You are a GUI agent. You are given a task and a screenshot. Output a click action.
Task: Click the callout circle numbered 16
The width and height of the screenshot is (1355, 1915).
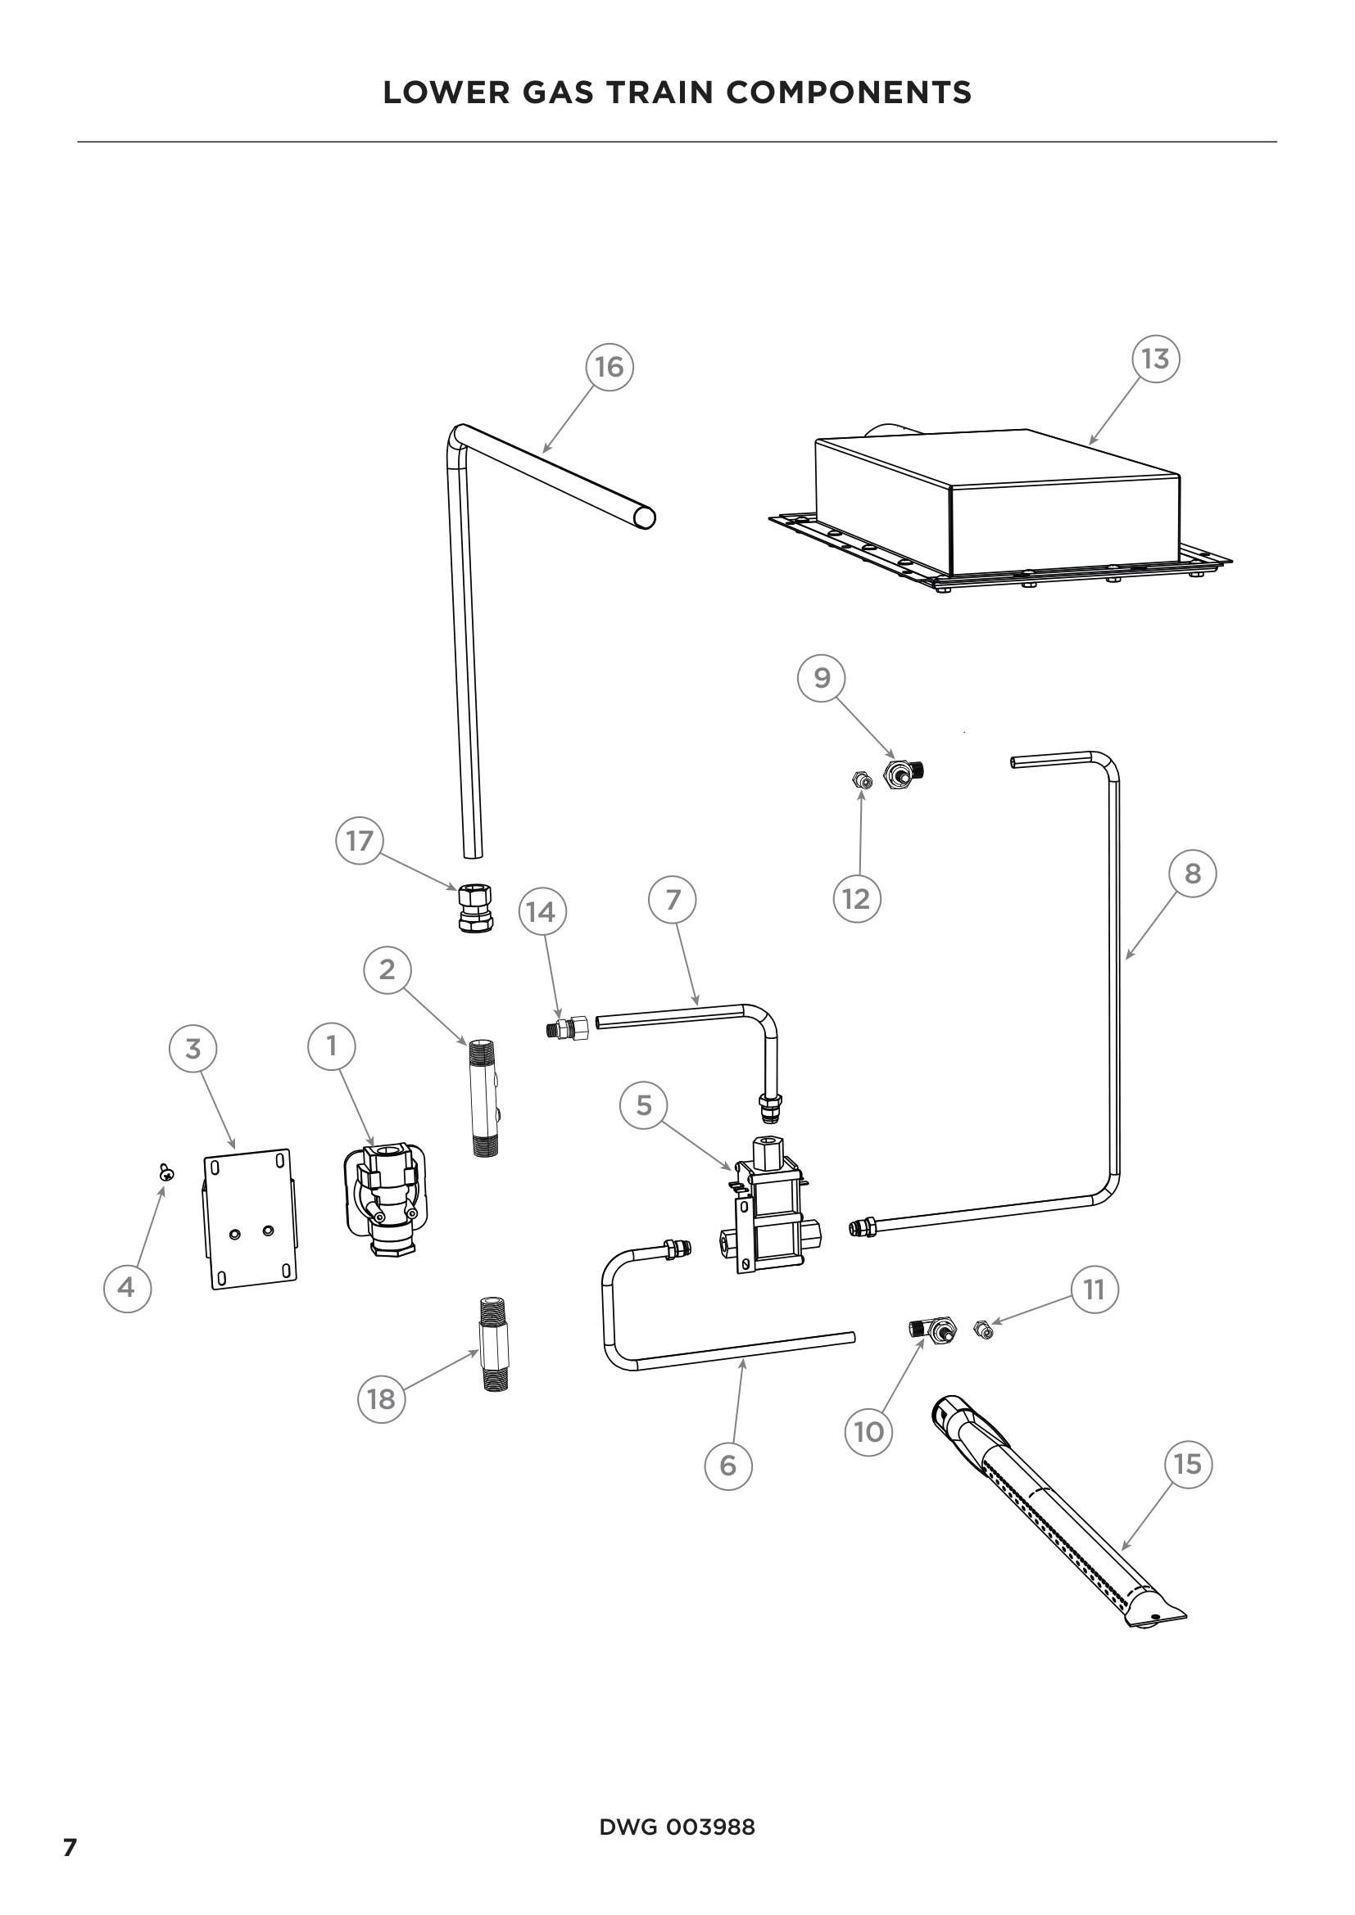pyautogui.click(x=609, y=367)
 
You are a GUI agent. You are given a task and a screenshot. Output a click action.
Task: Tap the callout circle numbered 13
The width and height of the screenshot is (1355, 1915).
pyautogui.click(x=1155, y=359)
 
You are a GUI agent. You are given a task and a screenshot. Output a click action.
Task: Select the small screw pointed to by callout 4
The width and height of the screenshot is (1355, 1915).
pyautogui.click(x=167, y=1172)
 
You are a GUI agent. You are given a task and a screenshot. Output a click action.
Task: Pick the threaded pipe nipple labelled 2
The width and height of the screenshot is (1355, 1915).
pyautogui.click(x=485, y=1097)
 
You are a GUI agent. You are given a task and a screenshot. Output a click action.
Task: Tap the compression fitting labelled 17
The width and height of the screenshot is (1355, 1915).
pyautogui.click(x=476, y=907)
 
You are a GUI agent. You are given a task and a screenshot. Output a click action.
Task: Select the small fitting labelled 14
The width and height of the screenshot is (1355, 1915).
pyautogui.click(x=568, y=1028)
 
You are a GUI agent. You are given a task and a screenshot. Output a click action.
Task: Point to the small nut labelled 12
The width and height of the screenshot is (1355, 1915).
pyautogui.click(x=862, y=781)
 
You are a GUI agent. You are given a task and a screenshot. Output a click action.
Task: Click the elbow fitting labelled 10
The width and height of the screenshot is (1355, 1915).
pyautogui.click(x=933, y=1329)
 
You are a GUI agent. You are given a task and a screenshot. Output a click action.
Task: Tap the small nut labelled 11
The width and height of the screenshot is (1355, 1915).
pyautogui.click(x=984, y=1330)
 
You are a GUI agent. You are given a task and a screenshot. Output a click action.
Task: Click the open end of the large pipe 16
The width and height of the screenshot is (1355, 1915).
pyautogui.click(x=643, y=518)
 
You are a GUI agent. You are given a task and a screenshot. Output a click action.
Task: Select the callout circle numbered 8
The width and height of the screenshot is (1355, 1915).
pyautogui.click(x=1192, y=874)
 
